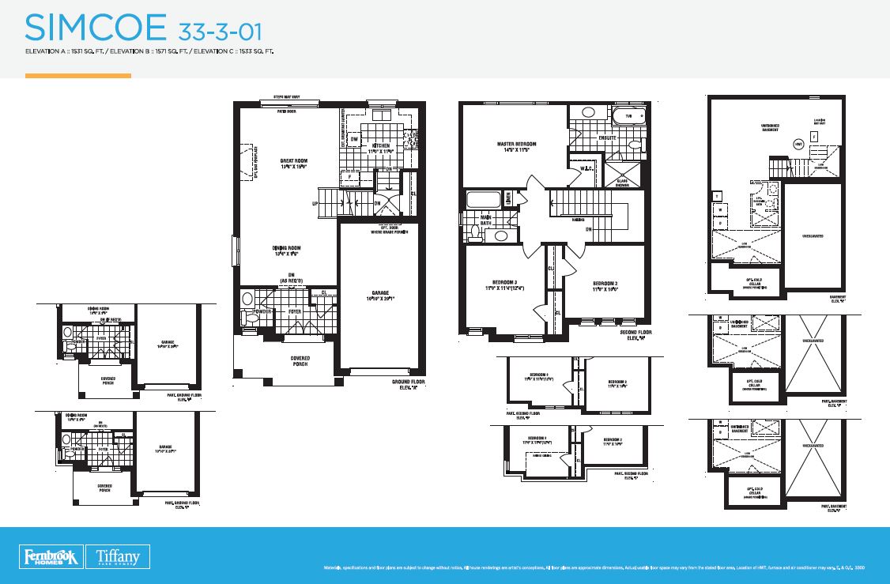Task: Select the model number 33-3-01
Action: (x=220, y=31)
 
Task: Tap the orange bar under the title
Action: (x=77, y=76)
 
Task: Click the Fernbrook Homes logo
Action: (x=49, y=556)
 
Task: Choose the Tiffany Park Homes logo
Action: (x=118, y=556)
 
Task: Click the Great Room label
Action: (x=293, y=164)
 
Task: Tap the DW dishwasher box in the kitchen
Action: (x=355, y=140)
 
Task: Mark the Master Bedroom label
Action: (x=517, y=147)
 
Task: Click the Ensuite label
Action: (x=606, y=138)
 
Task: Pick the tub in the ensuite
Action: (x=629, y=116)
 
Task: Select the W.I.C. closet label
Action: (x=586, y=168)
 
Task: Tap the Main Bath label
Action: (x=487, y=220)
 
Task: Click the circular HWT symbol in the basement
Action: (x=798, y=144)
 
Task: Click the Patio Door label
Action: (x=286, y=111)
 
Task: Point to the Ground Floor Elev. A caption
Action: (x=408, y=384)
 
